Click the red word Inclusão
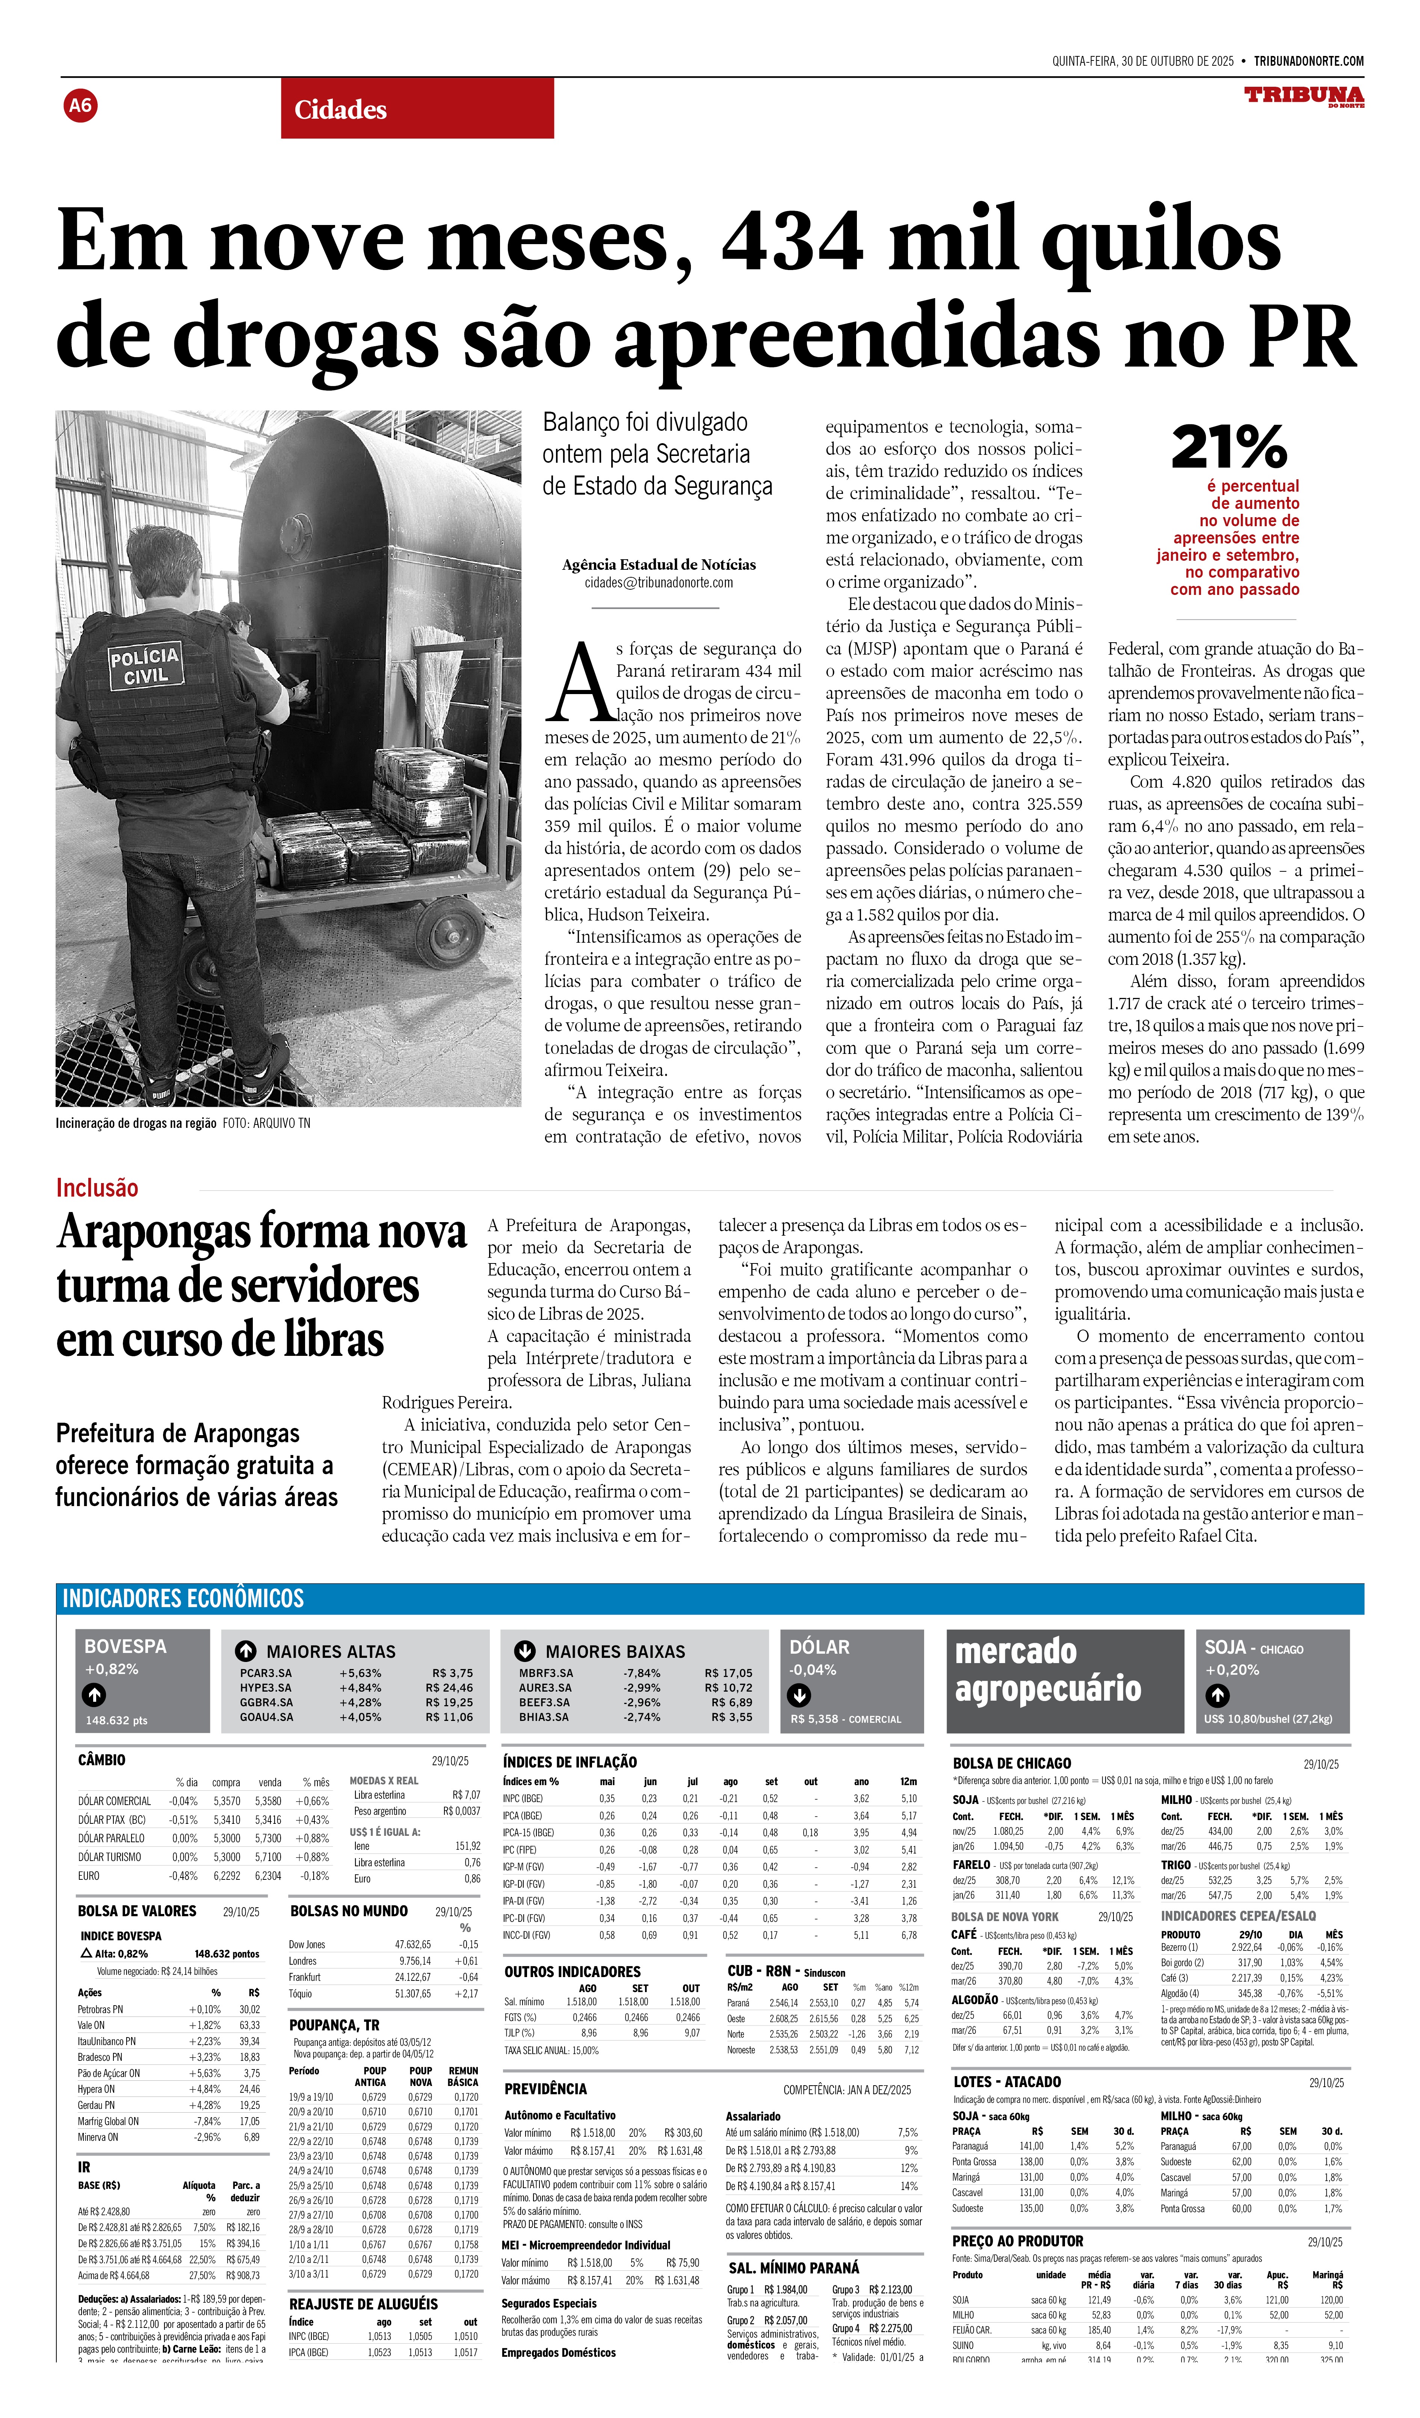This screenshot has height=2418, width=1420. coord(97,1188)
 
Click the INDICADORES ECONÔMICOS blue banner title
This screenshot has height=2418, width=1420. coord(183,1598)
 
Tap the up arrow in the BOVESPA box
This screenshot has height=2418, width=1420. coord(94,1695)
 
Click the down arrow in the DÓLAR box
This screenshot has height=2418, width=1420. coord(798,1695)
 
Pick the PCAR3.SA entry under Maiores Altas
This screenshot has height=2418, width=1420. coord(266,1674)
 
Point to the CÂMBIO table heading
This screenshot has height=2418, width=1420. coord(102,1760)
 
